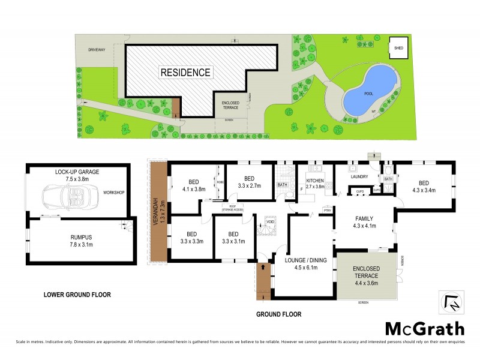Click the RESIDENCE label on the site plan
[x=185, y=73]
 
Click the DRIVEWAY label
[x=96, y=50]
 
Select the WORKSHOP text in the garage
[x=113, y=193]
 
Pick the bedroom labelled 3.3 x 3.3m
[x=192, y=238]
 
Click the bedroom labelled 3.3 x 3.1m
[x=234, y=238]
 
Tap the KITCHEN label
[x=315, y=183]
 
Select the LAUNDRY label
[x=360, y=176]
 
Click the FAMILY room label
[x=364, y=222]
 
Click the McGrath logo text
[x=424, y=329]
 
